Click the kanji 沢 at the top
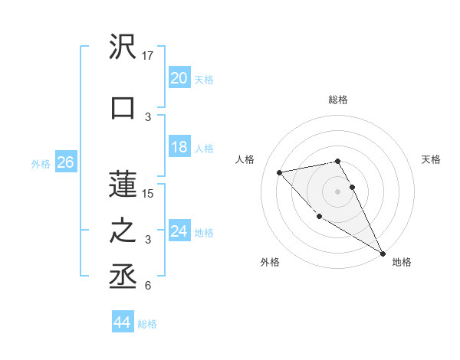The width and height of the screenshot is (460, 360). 123,47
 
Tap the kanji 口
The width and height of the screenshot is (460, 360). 123,108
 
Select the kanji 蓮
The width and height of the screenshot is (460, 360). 123,185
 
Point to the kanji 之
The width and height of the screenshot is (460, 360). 123,231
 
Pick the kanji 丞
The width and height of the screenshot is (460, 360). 123,277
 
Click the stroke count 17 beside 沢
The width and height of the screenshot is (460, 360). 149,56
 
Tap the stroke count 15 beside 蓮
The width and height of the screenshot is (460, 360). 149,194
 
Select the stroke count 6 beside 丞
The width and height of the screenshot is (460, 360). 148,286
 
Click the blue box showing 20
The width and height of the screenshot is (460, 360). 179,78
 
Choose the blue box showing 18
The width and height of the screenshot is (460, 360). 179,147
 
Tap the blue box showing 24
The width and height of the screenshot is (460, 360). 179,231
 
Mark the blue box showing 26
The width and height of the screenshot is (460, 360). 66,162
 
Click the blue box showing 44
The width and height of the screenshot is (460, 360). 121,323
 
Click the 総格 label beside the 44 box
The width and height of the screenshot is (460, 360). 147,324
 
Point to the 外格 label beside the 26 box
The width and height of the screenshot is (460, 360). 41,163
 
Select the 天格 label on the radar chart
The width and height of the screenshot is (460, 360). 431,159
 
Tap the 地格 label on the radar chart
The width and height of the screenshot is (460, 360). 402,262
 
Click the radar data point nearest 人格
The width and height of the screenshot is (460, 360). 280,172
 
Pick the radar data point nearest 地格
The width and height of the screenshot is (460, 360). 383,253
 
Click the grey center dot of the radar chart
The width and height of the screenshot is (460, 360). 337,191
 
